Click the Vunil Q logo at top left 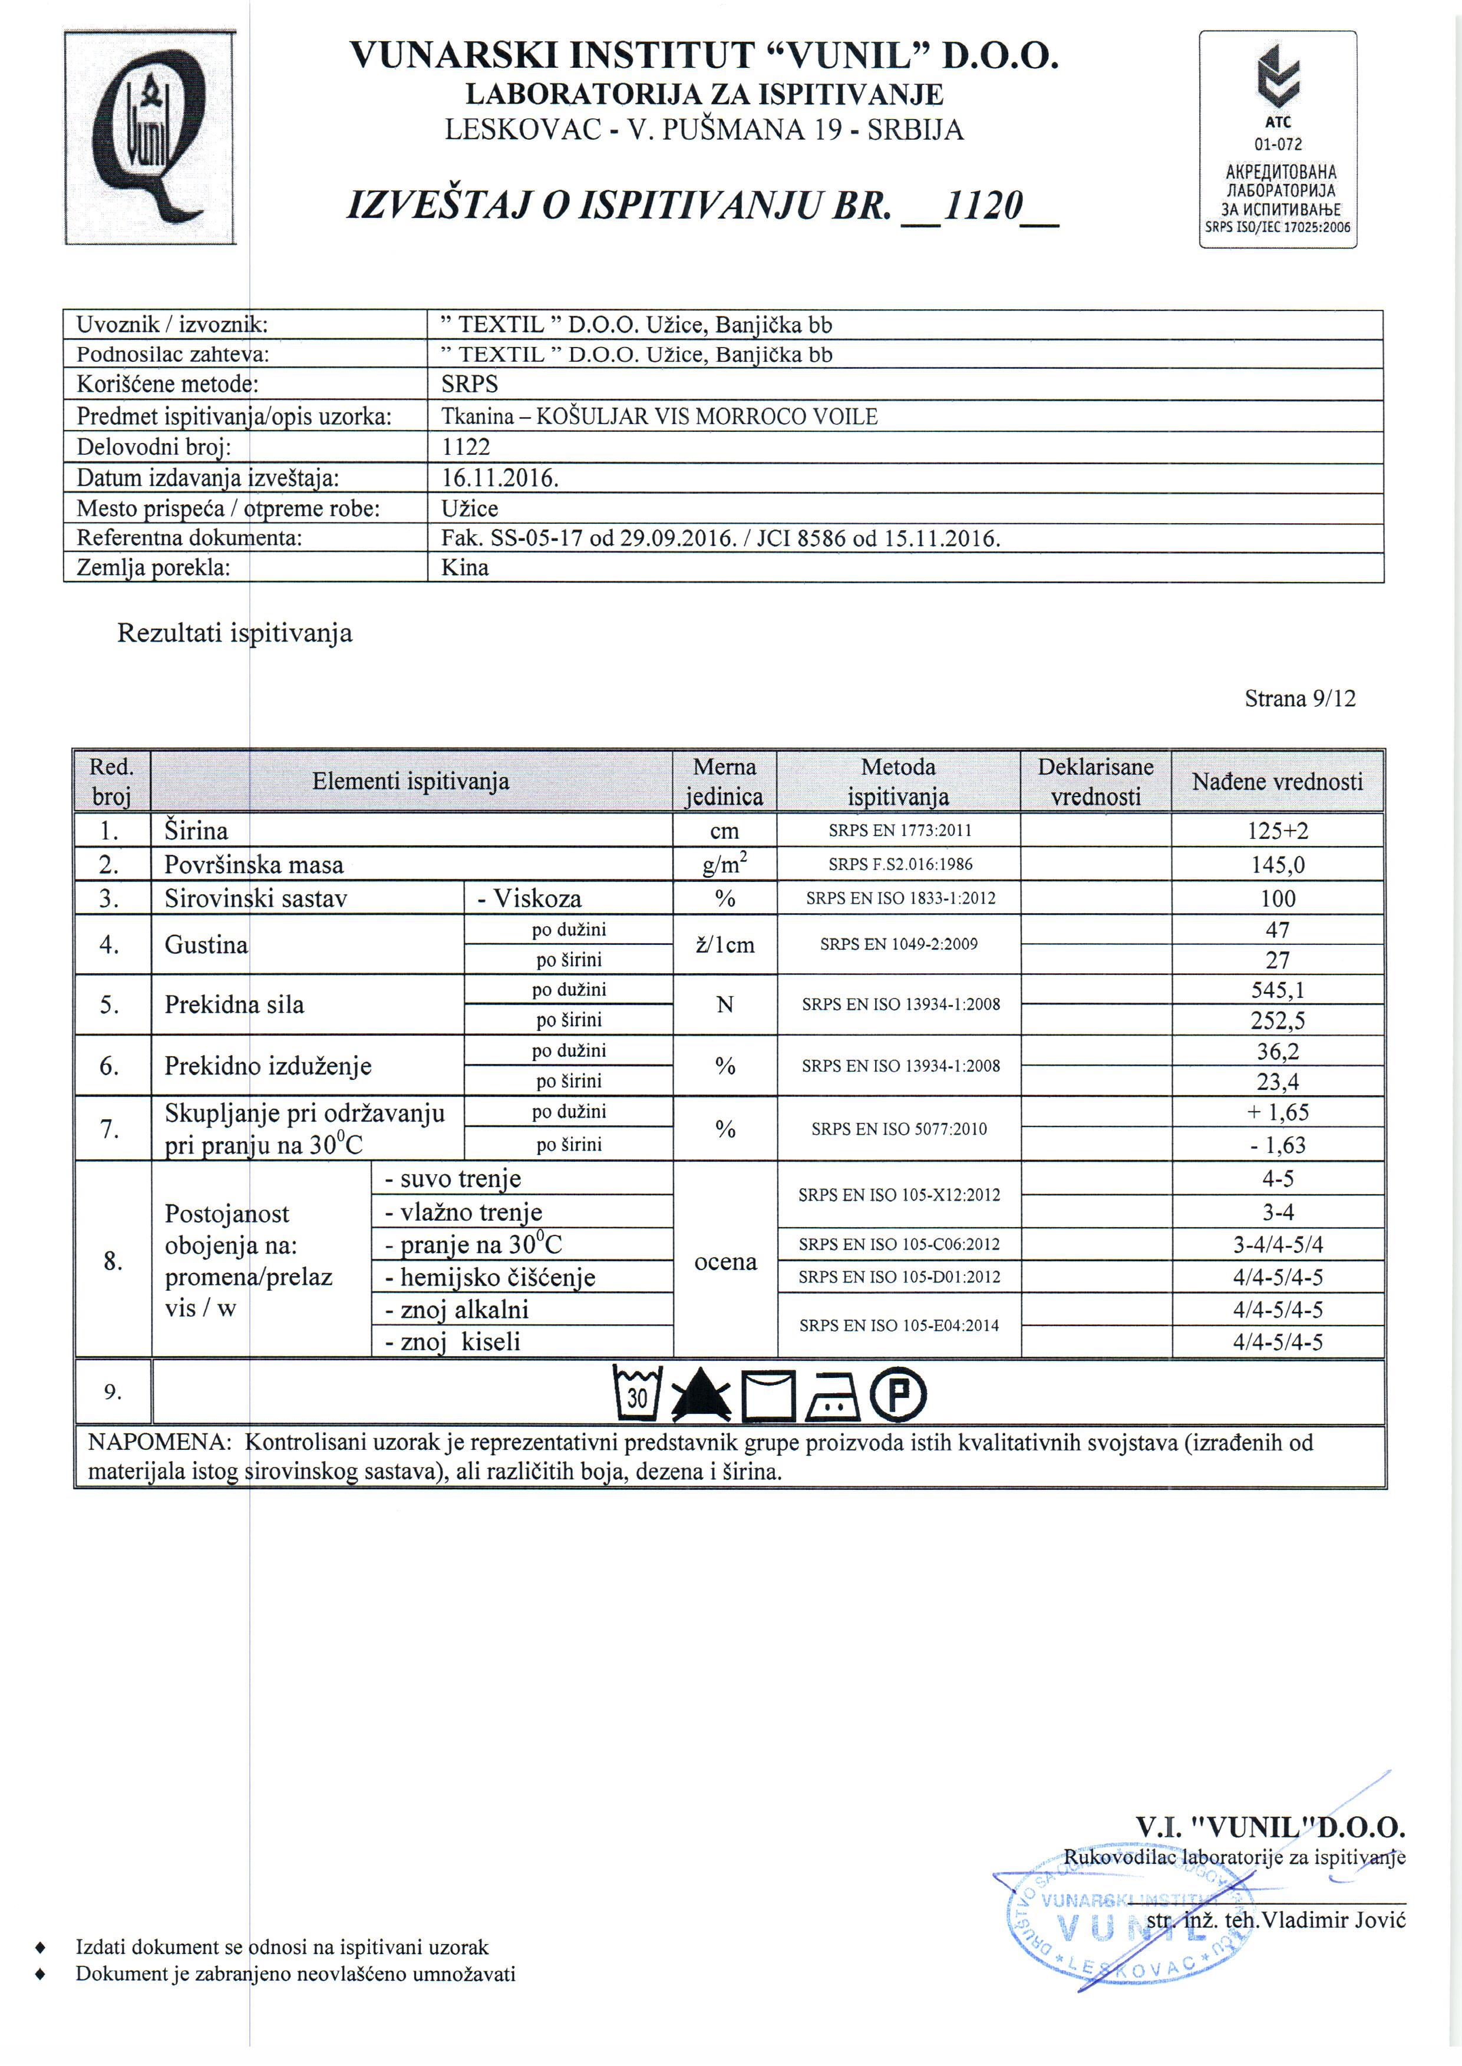(150, 138)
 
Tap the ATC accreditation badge (1278, 140)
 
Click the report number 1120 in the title (979, 207)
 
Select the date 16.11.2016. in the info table (500, 478)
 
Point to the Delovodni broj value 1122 (466, 447)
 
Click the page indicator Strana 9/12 (1299, 698)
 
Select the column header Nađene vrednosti (1276, 782)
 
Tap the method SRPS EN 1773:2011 (899, 831)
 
